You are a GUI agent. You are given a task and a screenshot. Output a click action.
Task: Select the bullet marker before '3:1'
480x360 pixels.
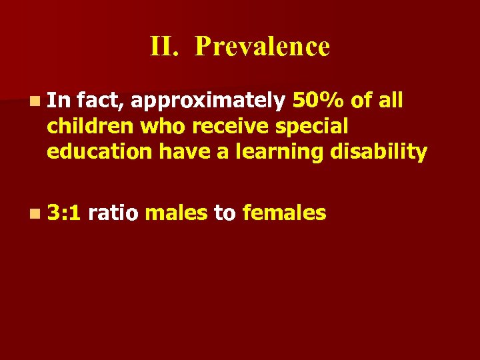pyautogui.click(x=34, y=214)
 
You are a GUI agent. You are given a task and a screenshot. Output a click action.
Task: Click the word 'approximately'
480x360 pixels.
pyautogui.click(x=207, y=101)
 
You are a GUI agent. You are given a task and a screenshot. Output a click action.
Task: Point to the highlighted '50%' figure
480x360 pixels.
pyautogui.click(x=319, y=101)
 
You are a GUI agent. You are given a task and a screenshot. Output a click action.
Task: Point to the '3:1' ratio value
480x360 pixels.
pyautogui.click(x=63, y=213)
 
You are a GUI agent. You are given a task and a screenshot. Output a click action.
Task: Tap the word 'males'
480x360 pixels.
pyautogui.click(x=176, y=213)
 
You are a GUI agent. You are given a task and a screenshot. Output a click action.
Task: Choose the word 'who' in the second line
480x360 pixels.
pyautogui.click(x=160, y=127)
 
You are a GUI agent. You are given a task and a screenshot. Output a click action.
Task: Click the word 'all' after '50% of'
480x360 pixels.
pyautogui.click(x=391, y=101)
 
